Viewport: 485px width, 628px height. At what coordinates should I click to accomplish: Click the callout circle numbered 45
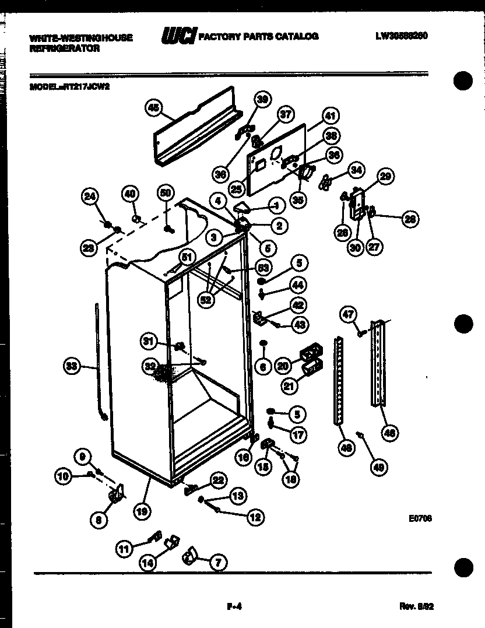[153, 107]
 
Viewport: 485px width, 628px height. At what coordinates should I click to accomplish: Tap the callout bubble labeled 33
[72, 366]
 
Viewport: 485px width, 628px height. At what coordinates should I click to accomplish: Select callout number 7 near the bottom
[218, 563]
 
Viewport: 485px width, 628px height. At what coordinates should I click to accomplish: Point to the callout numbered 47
[348, 315]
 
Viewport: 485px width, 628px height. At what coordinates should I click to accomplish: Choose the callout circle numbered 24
[90, 197]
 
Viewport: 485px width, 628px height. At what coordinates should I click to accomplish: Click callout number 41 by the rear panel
[330, 116]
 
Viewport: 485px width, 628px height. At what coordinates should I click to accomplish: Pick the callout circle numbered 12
[255, 516]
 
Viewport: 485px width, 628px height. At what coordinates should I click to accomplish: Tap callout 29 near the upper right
[385, 176]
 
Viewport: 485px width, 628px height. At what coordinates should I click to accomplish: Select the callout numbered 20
[283, 366]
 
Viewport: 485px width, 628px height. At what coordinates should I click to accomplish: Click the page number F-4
[234, 606]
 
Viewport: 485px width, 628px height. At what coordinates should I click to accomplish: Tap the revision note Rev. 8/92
[416, 606]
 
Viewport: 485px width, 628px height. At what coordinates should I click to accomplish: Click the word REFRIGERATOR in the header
[64, 49]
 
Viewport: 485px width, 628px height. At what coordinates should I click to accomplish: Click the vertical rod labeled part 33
[97, 362]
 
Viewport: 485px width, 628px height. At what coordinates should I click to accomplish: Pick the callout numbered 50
[166, 194]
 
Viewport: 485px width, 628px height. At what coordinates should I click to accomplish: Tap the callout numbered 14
[148, 563]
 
